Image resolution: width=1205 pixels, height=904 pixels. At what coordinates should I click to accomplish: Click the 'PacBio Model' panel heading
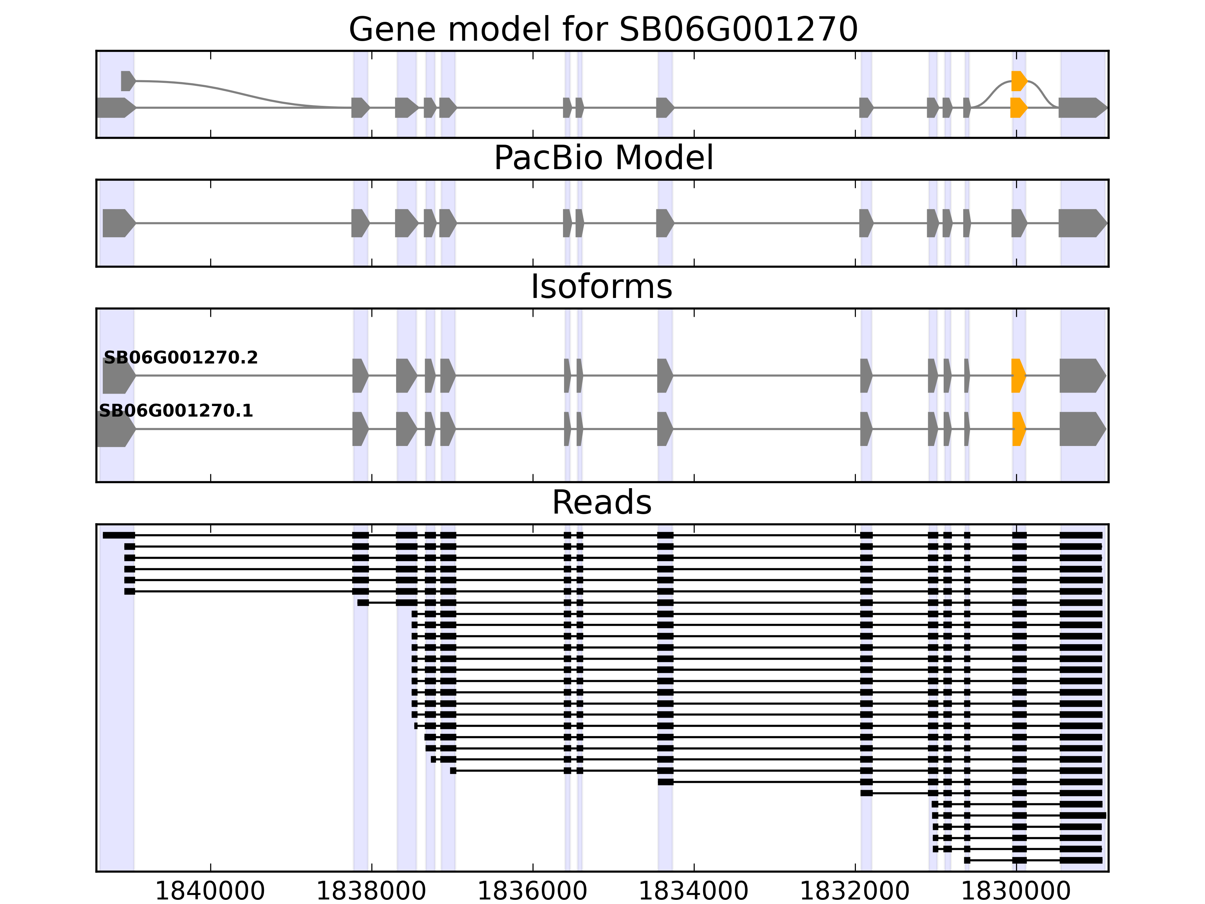[603, 158]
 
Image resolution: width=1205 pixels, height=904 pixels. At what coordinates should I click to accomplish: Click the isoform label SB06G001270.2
[180, 357]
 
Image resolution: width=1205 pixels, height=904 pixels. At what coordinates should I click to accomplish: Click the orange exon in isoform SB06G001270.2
[1017, 376]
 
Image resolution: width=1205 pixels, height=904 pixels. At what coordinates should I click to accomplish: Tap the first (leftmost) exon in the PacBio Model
[117, 223]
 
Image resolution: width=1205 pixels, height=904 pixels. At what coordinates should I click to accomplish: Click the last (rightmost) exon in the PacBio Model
[1081, 223]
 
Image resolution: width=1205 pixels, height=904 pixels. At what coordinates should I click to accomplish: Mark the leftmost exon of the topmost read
[119, 535]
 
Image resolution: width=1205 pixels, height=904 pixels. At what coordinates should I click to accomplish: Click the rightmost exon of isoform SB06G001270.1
[1082, 429]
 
